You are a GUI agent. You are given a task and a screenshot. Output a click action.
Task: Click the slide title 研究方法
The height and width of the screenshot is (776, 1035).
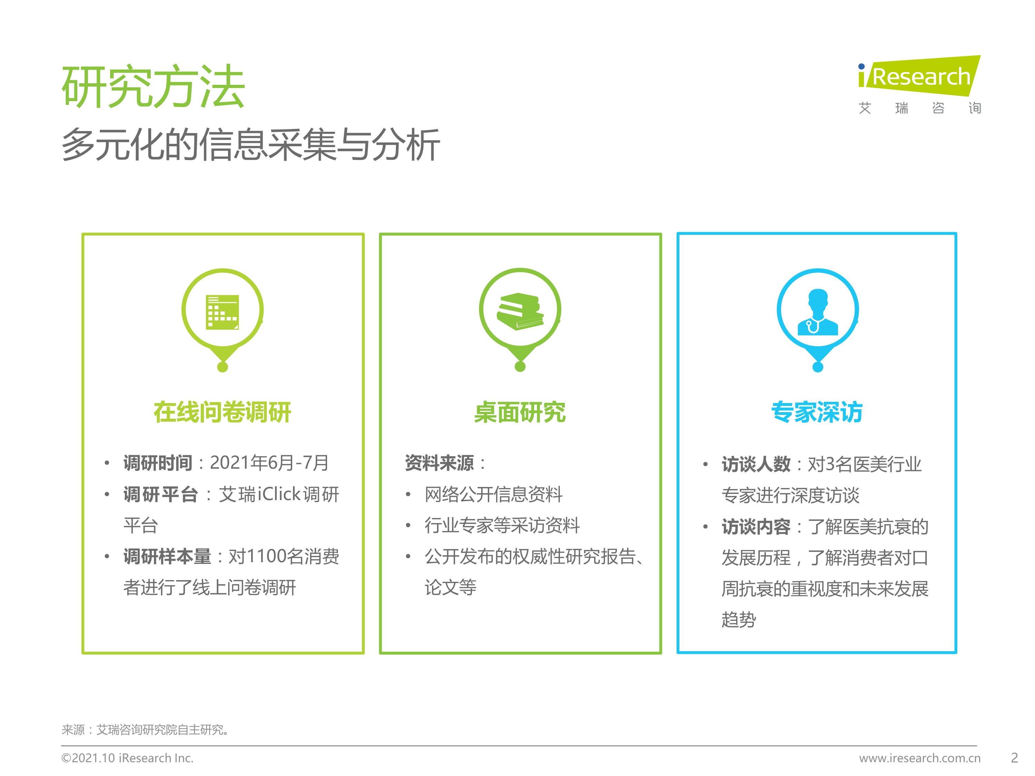[x=154, y=87]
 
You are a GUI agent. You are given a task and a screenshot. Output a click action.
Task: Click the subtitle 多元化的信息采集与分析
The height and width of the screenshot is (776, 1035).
[x=251, y=145]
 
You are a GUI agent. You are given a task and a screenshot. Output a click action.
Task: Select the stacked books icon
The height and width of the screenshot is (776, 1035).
[x=520, y=311]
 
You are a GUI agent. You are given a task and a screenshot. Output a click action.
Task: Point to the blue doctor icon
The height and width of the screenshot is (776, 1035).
[x=818, y=312]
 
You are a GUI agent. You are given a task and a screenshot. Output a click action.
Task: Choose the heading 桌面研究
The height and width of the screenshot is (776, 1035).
[x=520, y=412]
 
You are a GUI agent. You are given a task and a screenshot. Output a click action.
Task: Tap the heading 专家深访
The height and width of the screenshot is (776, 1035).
[x=817, y=412]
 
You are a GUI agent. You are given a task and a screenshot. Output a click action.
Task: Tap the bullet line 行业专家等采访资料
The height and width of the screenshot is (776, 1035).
[x=502, y=525]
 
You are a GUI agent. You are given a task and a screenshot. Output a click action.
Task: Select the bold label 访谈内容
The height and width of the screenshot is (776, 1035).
[x=756, y=527]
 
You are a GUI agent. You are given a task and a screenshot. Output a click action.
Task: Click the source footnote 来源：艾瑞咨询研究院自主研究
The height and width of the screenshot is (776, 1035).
[x=145, y=730]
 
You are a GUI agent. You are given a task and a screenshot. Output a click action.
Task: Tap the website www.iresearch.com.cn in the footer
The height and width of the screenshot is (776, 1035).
[x=919, y=758]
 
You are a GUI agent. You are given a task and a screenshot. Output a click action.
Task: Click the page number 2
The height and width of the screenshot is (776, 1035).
[x=1014, y=758]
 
